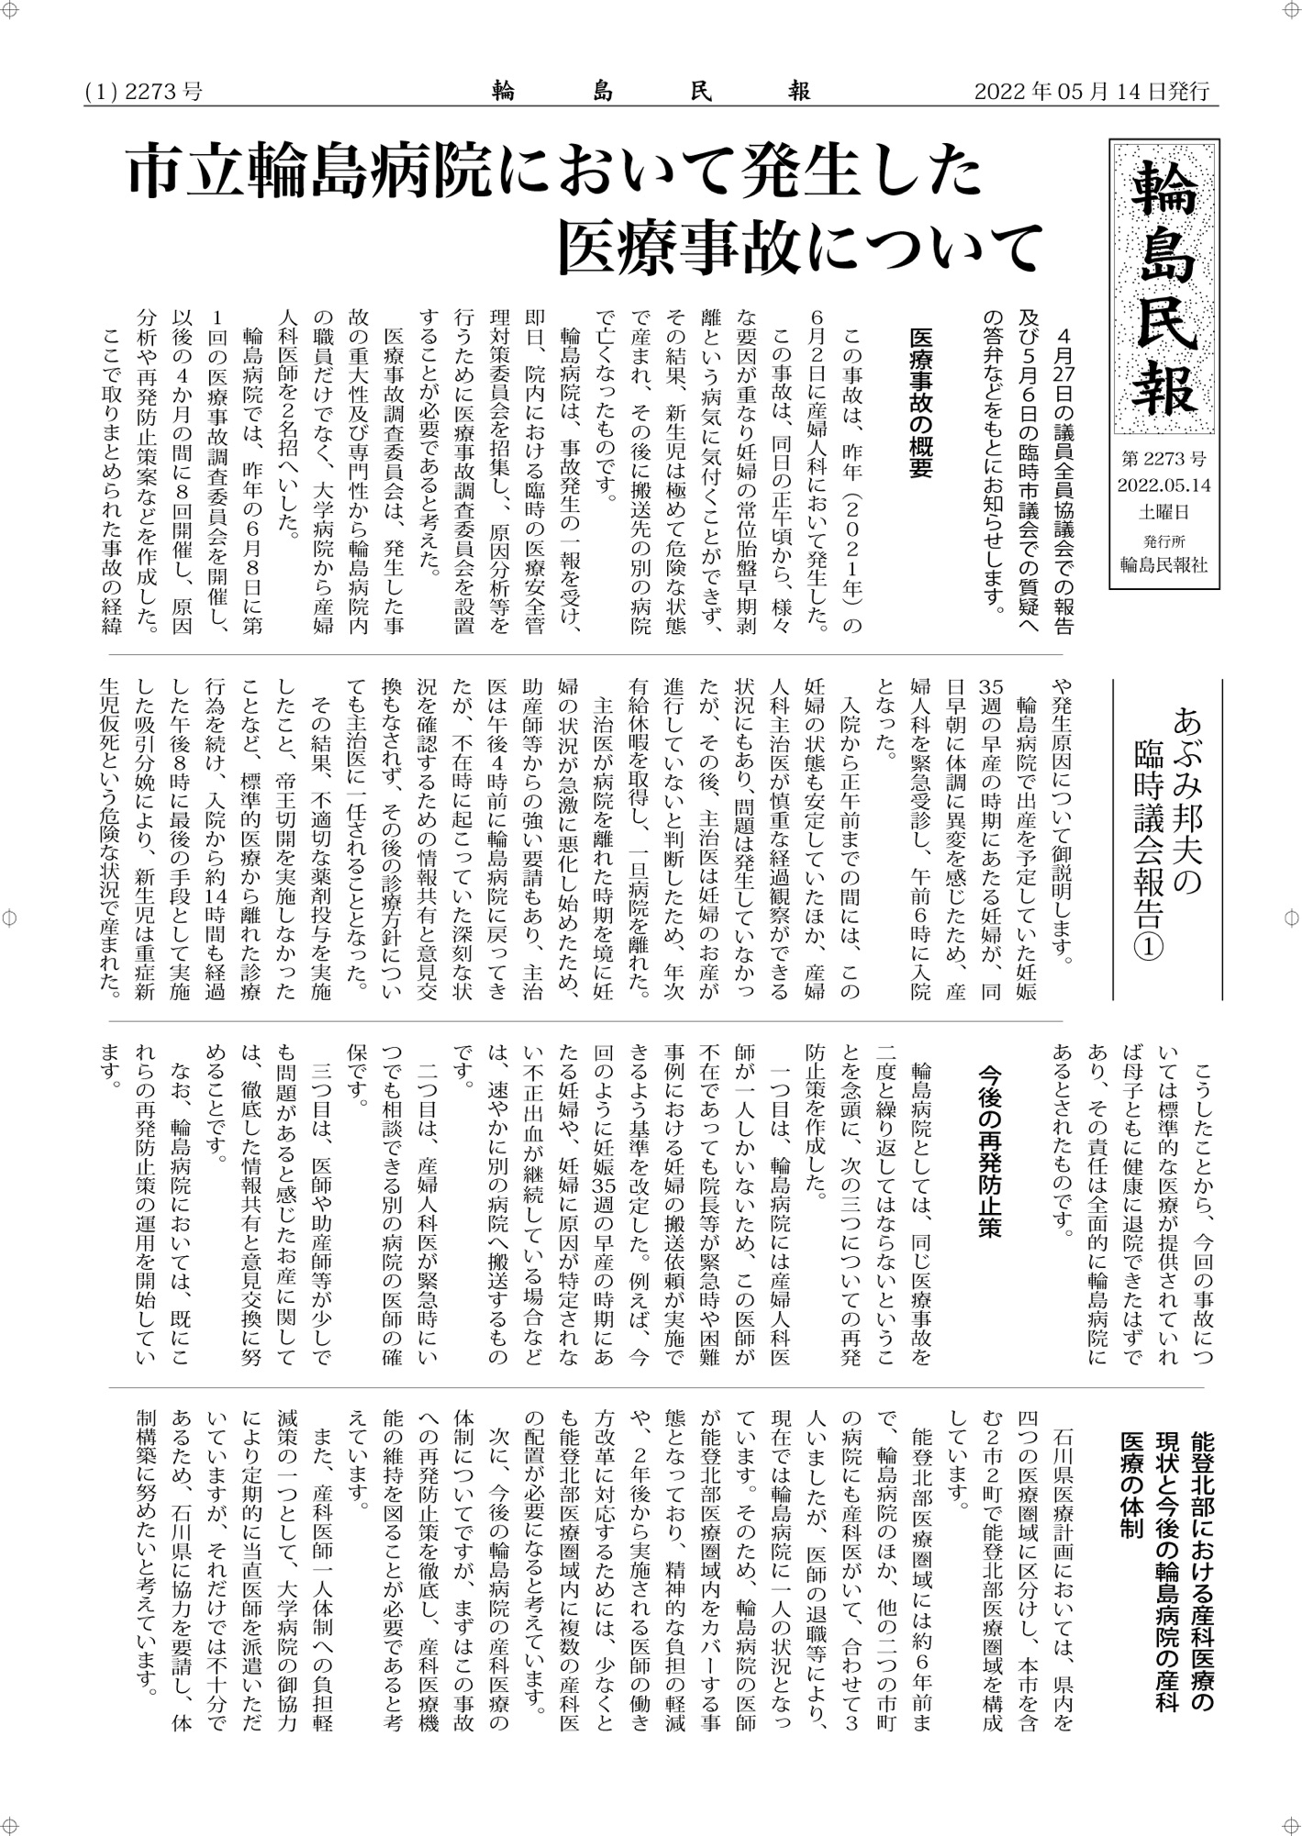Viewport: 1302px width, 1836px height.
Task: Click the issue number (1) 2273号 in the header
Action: coord(143,92)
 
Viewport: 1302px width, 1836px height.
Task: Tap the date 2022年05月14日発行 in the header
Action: coord(1091,92)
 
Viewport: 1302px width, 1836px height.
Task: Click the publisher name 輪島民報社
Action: coord(1164,564)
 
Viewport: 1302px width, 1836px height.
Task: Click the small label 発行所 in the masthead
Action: coord(1164,540)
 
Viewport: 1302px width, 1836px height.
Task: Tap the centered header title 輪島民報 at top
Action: coord(651,92)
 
